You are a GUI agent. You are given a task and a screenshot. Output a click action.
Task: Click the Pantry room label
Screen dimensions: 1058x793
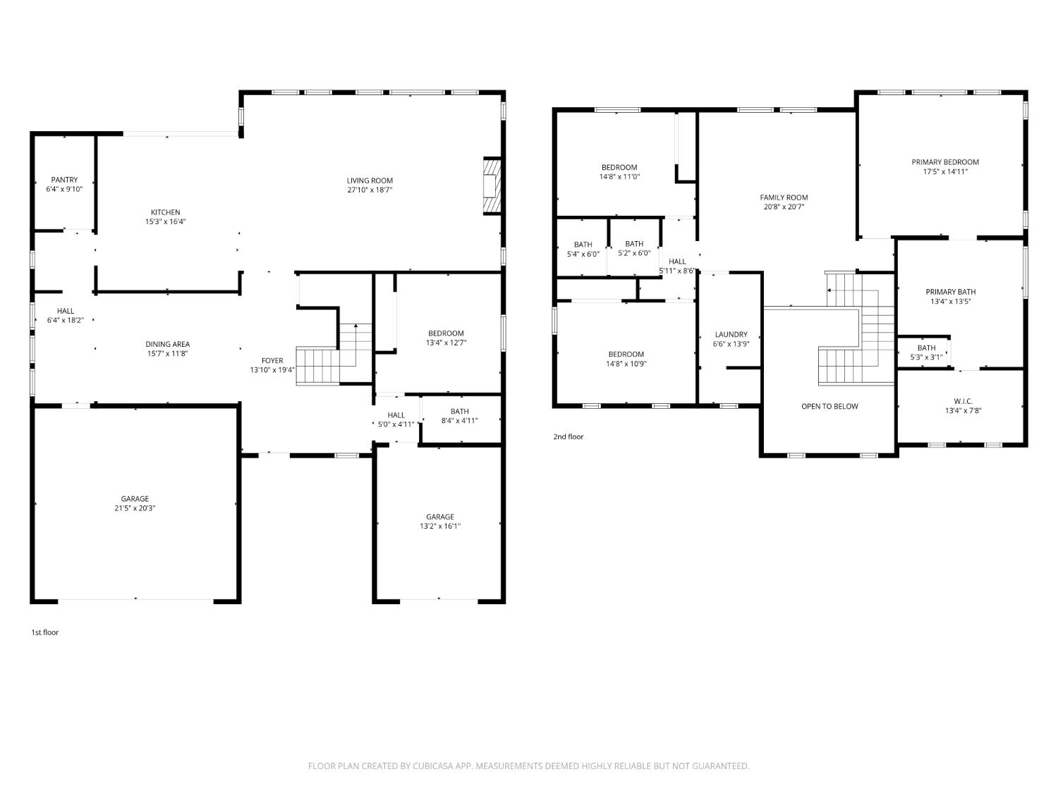[x=64, y=180]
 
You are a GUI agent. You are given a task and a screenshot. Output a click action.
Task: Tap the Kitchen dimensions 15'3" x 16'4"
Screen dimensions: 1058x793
[x=165, y=221]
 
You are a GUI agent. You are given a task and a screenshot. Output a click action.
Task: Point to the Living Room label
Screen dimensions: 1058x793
[x=370, y=180]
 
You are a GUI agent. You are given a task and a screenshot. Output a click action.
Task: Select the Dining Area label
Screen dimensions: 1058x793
[x=167, y=344]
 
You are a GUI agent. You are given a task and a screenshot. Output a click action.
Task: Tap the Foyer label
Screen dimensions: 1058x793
[x=272, y=360]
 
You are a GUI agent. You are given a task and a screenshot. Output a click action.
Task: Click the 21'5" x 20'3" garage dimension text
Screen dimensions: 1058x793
[x=135, y=508]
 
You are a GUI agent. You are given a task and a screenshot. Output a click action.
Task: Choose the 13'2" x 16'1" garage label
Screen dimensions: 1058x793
[x=439, y=522]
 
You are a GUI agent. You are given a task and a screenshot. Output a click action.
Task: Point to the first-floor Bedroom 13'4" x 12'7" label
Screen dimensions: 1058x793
[x=446, y=338]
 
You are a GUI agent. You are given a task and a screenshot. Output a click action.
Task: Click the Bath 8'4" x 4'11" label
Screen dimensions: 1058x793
[x=459, y=415]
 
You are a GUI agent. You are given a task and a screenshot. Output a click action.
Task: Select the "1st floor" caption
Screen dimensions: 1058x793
[x=45, y=632]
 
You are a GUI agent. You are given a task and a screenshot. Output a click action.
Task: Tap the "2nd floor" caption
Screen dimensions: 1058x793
[x=568, y=437]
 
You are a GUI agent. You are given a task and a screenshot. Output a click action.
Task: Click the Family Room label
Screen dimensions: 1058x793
[x=784, y=197]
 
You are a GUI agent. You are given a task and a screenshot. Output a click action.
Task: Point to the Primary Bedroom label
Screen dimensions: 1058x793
[x=944, y=162]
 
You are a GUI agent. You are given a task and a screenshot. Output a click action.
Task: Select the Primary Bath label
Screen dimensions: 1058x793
[x=951, y=292]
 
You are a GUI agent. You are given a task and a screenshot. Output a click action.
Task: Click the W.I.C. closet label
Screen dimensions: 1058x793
[x=963, y=402]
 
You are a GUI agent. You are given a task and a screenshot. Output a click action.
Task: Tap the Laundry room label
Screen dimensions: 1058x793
[x=731, y=334]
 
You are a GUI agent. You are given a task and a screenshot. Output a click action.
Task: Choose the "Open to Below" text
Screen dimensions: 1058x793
[x=829, y=407]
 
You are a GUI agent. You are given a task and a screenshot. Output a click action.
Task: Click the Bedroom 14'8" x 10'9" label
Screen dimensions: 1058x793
[x=626, y=359]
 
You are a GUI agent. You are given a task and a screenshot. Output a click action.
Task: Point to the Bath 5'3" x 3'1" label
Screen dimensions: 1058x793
[x=926, y=352]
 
